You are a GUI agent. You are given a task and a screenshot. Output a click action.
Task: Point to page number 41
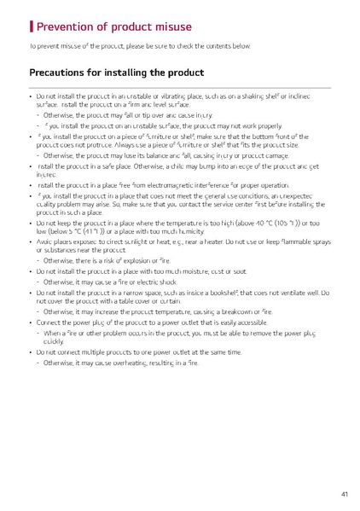[x=343, y=494]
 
